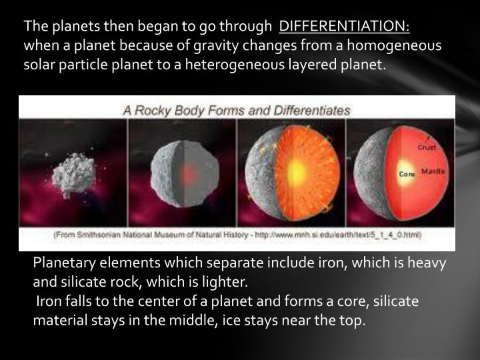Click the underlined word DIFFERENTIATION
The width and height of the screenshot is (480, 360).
pyautogui.click(x=344, y=26)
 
